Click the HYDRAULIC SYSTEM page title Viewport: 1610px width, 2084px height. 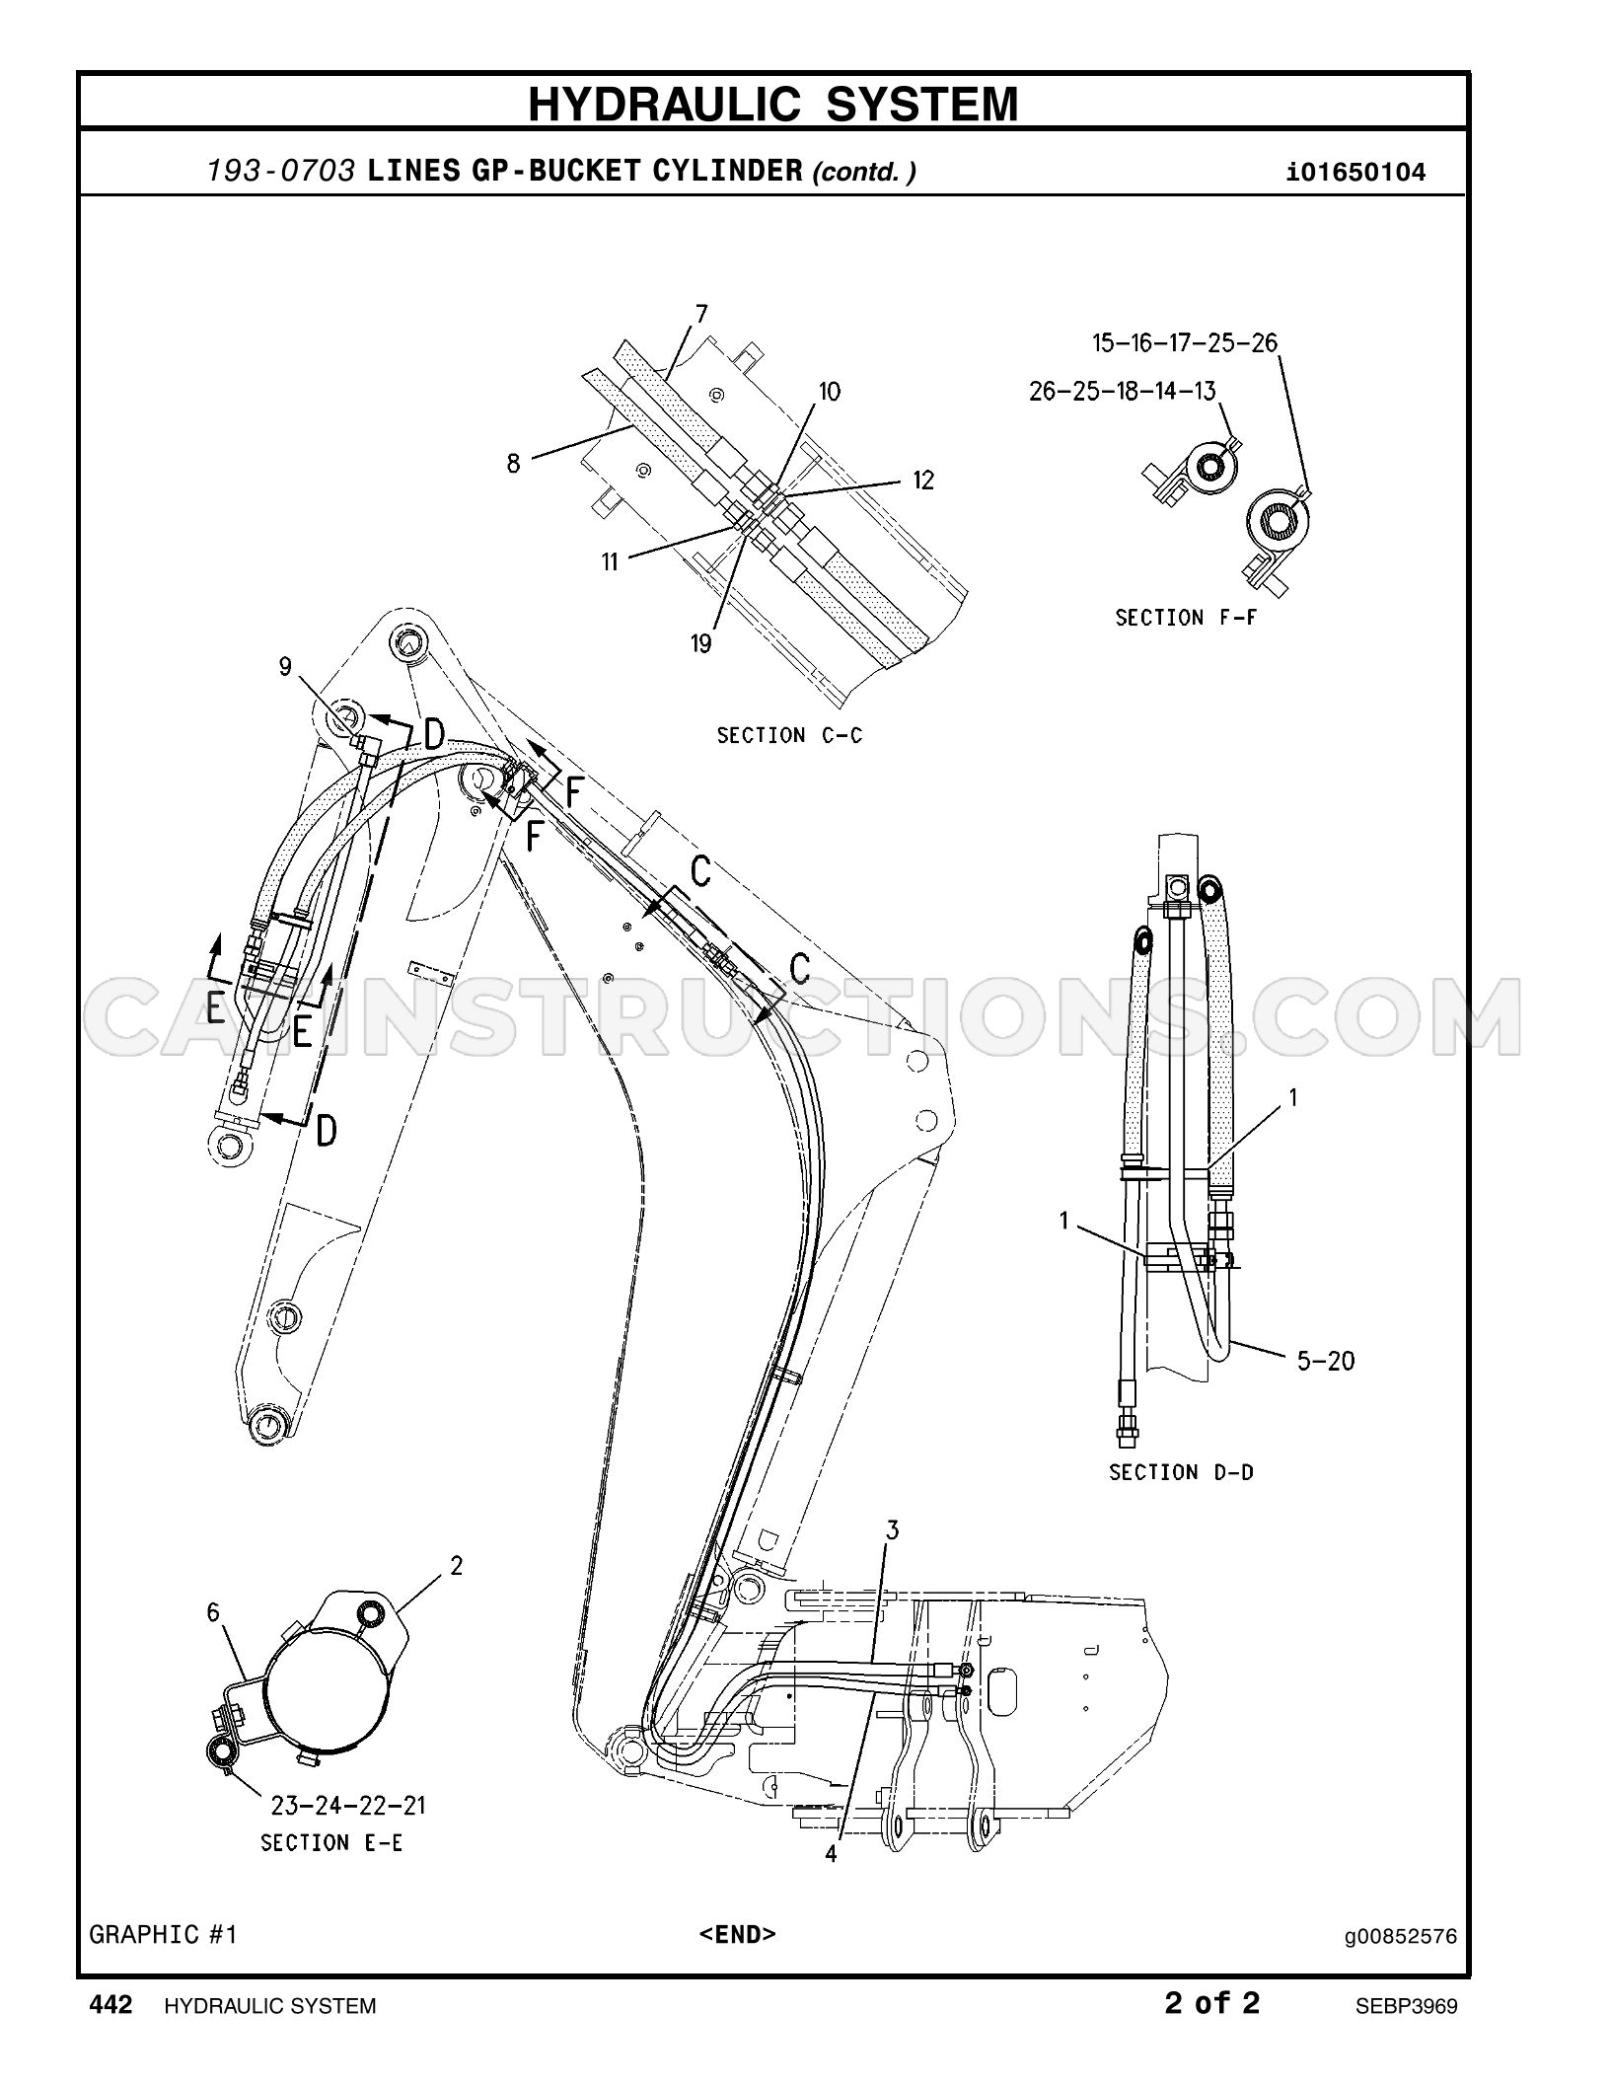pyautogui.click(x=772, y=104)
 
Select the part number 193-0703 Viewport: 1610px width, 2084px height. pyautogui.click(x=281, y=172)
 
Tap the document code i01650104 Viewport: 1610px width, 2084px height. pyautogui.click(x=1356, y=173)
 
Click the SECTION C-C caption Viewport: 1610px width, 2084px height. pyautogui.click(x=789, y=735)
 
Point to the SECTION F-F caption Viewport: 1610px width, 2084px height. pyautogui.click(x=1187, y=618)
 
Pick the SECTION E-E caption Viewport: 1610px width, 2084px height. pyautogui.click(x=331, y=1842)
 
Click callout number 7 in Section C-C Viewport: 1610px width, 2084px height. pyautogui.click(x=701, y=315)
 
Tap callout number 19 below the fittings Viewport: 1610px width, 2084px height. pyautogui.click(x=700, y=644)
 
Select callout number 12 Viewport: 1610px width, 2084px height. pyautogui.click(x=922, y=480)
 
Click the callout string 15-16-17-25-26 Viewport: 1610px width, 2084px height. pyautogui.click(x=1184, y=342)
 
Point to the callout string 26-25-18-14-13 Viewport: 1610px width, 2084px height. pyautogui.click(x=1123, y=391)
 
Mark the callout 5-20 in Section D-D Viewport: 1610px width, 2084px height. pyautogui.click(x=1326, y=1362)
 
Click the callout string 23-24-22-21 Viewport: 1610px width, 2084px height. pyautogui.click(x=348, y=1806)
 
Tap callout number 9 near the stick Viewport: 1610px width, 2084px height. pyautogui.click(x=285, y=667)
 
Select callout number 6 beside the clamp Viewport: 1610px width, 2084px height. pyautogui.click(x=213, y=1612)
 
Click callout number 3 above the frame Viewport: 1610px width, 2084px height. pyautogui.click(x=892, y=1530)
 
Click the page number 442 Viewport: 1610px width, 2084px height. pyautogui.click(x=110, y=2004)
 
